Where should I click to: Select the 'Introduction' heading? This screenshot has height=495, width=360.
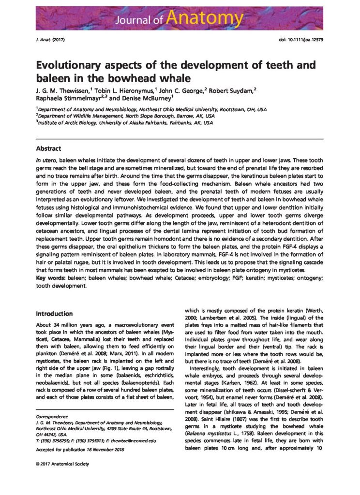(54, 314)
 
